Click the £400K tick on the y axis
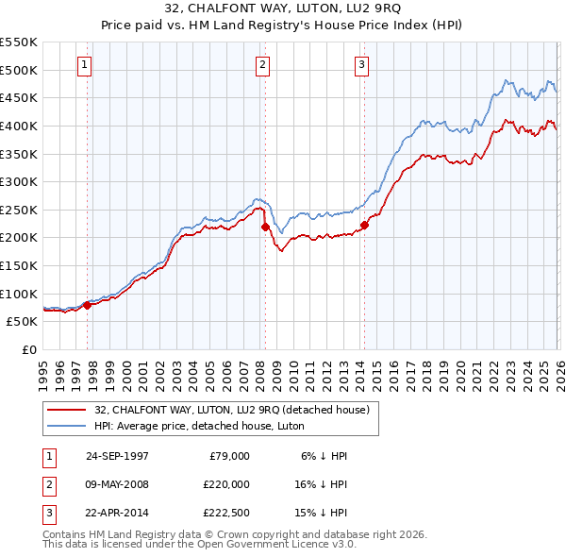coord(19,126)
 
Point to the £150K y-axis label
coord(19,265)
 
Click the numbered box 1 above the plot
coord(86,65)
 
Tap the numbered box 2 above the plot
coord(262,65)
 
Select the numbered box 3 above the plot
coord(361,65)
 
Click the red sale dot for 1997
coord(88,305)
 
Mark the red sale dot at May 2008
coord(265,227)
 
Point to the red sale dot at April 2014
coord(364,225)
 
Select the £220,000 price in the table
coord(225,484)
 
